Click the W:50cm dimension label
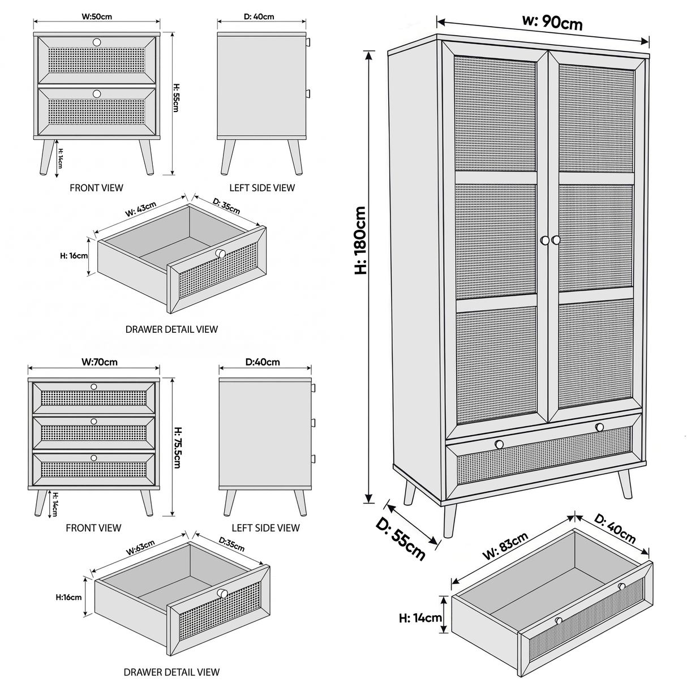pos(97,17)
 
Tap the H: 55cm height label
pos(175,98)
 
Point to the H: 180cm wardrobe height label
pos(360,241)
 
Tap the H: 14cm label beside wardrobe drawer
pos(420,618)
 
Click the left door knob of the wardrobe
pos(544,241)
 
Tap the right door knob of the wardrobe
pos(556,241)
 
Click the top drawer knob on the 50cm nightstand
pos(96,42)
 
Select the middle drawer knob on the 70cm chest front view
pos(94,421)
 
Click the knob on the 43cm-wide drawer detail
pos(220,253)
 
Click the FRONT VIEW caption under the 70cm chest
pos(93,528)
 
